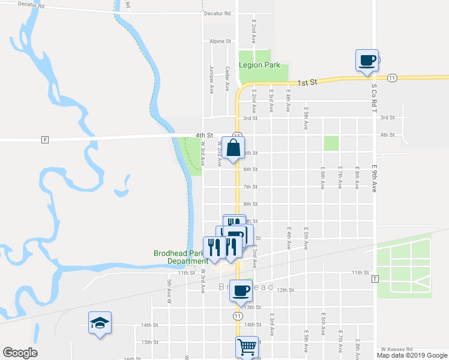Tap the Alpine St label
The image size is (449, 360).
[x=220, y=41]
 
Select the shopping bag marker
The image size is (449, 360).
[x=233, y=148]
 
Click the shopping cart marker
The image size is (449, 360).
[x=247, y=347]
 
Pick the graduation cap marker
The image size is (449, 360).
[x=100, y=324]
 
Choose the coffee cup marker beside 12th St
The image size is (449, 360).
[x=241, y=291]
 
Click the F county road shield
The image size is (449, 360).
[x=44, y=140]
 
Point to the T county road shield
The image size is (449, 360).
[x=375, y=280]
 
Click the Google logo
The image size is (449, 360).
[x=20, y=353]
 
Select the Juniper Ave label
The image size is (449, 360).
[x=211, y=80]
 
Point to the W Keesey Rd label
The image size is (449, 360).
[x=396, y=349]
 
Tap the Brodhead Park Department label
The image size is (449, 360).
[x=181, y=257]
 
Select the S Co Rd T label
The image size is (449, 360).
[x=372, y=99]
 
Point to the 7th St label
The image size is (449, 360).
[x=250, y=187]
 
